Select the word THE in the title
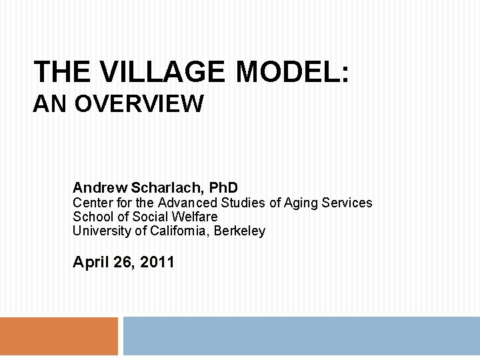pyautogui.click(x=61, y=72)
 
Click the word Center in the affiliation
pyautogui.click(x=91, y=203)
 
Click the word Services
pyautogui.click(x=347, y=203)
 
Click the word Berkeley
pyautogui.click(x=239, y=231)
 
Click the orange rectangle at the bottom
pyautogui.click(x=59, y=336)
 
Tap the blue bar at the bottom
pyautogui.click(x=301, y=336)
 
